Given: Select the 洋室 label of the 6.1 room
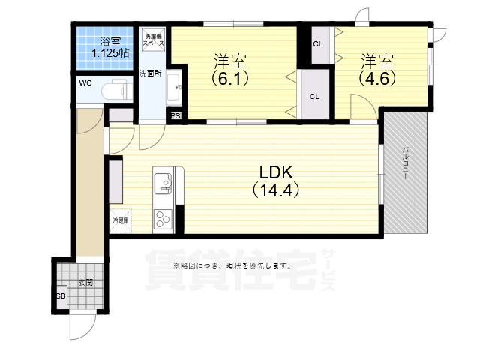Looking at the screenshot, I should (x=230, y=59).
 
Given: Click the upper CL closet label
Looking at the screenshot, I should (x=317, y=43).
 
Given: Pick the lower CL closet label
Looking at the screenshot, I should (x=314, y=96).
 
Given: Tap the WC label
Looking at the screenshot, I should (x=85, y=83).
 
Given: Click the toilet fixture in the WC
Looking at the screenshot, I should (x=116, y=89).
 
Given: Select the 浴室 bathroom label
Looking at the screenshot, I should (x=110, y=40).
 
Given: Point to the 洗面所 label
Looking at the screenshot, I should (x=150, y=73).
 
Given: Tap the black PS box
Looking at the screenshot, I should (x=175, y=116).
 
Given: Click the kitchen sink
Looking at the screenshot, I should (x=164, y=182).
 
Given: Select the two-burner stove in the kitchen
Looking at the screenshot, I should (x=163, y=219).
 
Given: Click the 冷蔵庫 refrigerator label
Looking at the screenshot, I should (x=120, y=220).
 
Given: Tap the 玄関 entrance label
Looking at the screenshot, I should (x=85, y=283).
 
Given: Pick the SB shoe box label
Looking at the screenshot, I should (x=61, y=295).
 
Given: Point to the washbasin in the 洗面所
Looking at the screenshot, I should (x=173, y=88).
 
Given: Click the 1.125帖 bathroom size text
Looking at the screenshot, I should (x=110, y=53).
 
